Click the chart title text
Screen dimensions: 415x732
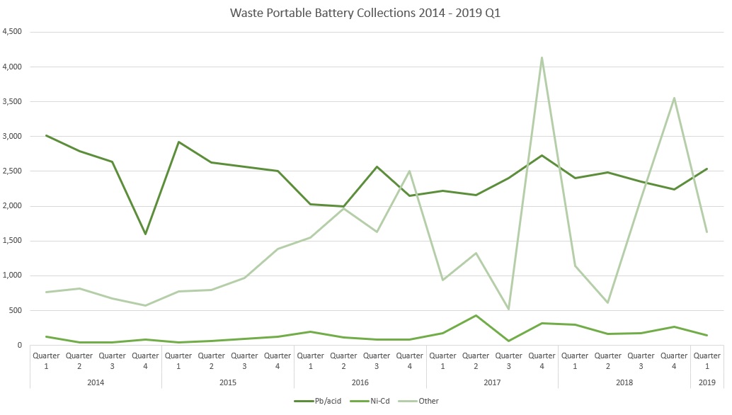(366, 13)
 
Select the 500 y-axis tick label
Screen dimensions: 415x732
(17, 310)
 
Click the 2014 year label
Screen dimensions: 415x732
(96, 382)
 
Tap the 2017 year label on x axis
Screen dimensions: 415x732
(492, 382)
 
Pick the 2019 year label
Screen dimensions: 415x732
(707, 382)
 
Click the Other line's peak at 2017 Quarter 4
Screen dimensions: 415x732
(542, 57)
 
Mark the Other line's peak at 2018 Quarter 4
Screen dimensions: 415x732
(674, 98)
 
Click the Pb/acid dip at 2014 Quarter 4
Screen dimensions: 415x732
(145, 234)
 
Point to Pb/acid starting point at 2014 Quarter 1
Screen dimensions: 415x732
(46, 135)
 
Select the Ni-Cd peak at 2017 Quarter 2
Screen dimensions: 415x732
(476, 315)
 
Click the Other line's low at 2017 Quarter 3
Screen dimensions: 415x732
(508, 309)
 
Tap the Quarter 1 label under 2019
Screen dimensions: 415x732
(707, 360)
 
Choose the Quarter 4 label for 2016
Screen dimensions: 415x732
(409, 360)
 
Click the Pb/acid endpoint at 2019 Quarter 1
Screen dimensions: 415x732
(707, 169)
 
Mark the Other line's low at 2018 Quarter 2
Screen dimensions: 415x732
(607, 302)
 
